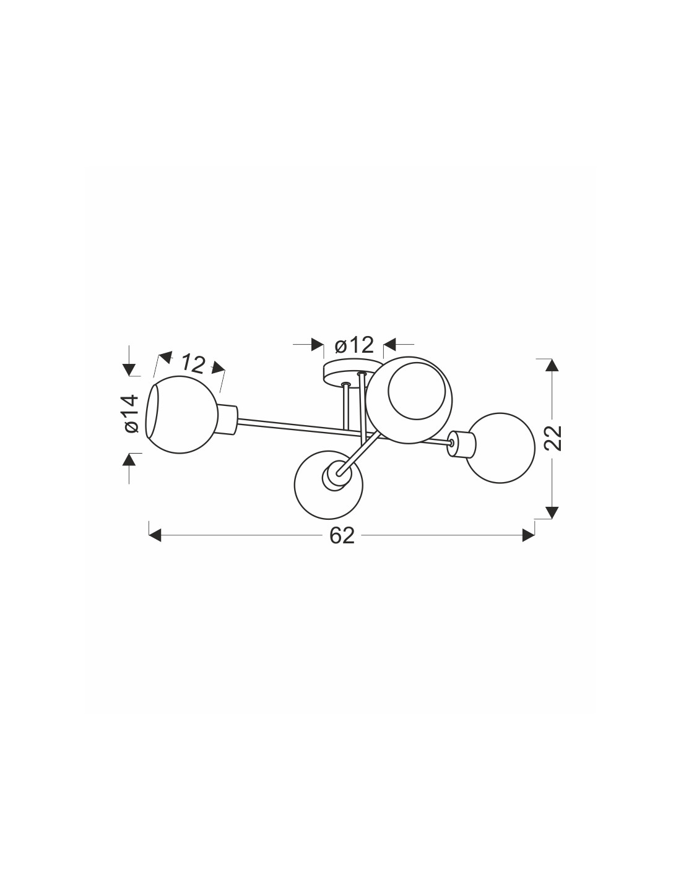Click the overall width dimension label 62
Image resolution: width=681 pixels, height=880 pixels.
tap(342, 535)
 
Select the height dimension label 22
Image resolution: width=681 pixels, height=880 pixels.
tap(553, 438)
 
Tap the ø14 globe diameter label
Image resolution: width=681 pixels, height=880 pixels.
tap(132, 413)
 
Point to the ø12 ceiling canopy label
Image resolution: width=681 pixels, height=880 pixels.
tap(354, 345)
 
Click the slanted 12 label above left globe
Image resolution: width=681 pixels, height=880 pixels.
tap(193, 364)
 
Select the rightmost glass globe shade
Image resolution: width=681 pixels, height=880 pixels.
tap(501, 448)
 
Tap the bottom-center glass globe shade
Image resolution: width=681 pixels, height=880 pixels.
tap(329, 485)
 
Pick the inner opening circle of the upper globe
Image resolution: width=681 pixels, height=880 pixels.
tap(417, 390)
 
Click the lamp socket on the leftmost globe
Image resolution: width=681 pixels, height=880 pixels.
tap(227, 420)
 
